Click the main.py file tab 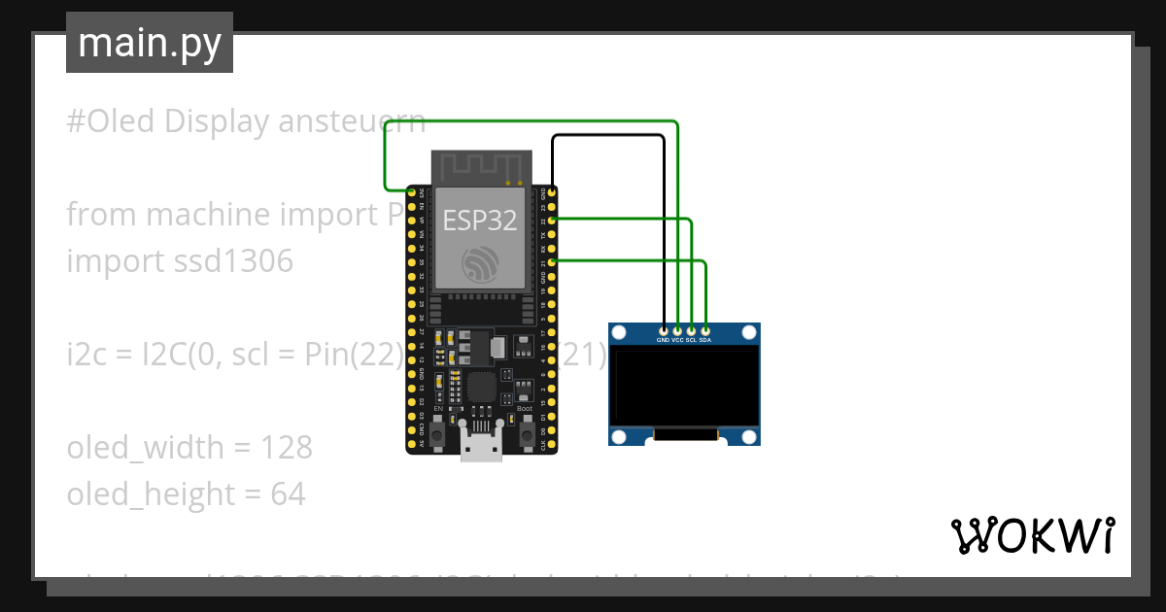149,43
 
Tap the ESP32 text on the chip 480,221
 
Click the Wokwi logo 1032,535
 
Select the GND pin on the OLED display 664,331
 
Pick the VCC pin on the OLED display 677,331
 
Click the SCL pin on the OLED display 691,331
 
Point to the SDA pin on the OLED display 705,331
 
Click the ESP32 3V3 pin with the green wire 412,193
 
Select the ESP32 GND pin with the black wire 552,193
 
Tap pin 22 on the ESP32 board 552,221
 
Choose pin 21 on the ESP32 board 552,261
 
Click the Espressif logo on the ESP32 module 480,263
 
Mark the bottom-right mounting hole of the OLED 748,435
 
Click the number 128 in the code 287,448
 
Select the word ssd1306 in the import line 228,261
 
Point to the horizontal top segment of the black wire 607,136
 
